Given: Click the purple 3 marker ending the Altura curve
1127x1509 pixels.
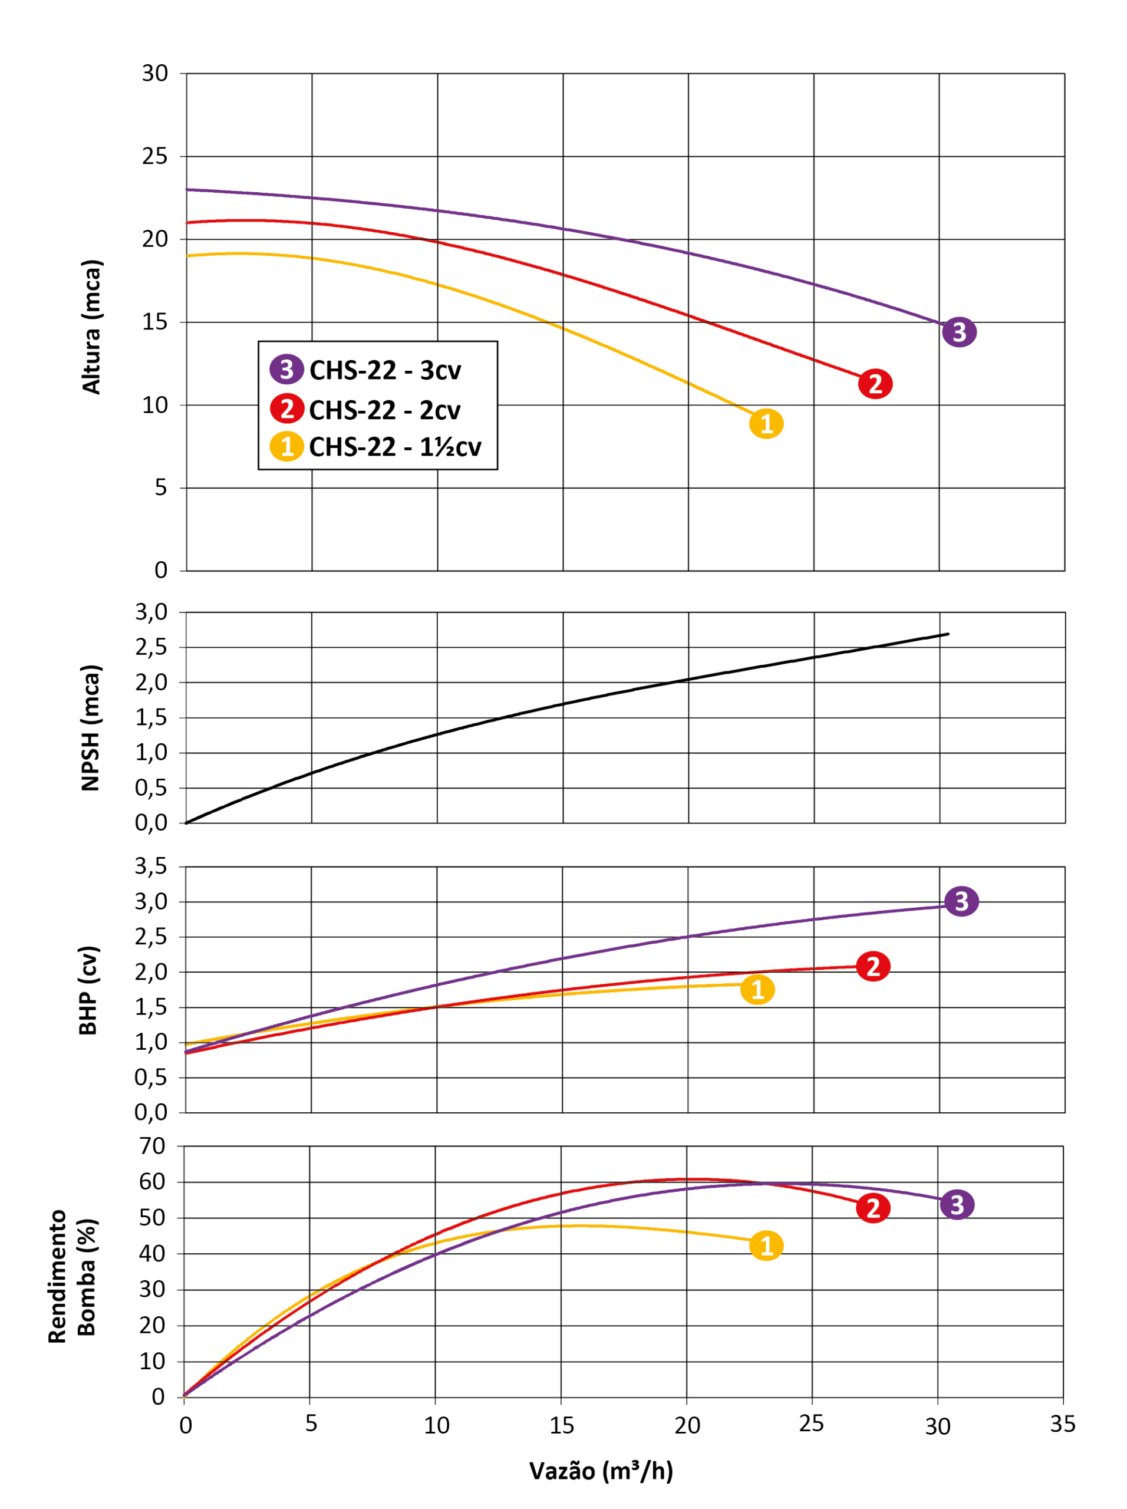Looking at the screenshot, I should (959, 332).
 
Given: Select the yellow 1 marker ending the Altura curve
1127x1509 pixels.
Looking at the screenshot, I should (766, 424).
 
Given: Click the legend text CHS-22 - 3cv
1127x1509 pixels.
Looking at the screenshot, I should (385, 370).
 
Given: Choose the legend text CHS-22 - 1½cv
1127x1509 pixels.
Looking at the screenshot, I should (395, 447).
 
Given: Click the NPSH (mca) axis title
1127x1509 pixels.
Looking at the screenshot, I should (91, 728).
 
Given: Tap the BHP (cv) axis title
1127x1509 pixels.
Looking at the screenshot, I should (88, 990).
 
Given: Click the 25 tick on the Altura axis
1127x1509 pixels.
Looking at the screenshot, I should (155, 156).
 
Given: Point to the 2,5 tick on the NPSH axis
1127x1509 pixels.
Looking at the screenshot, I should (151, 647).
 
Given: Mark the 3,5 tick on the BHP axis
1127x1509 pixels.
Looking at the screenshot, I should (151, 866).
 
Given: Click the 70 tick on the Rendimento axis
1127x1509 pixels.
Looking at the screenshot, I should (153, 1146).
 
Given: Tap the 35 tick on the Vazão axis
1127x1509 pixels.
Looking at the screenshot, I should (1062, 1424).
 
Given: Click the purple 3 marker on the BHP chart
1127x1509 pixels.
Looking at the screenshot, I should (961, 901).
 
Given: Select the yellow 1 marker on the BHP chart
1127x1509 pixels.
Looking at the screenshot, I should (757, 989).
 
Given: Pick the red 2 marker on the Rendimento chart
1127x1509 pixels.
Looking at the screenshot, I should (872, 1208).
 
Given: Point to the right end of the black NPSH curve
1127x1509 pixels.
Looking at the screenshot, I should (948, 634).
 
